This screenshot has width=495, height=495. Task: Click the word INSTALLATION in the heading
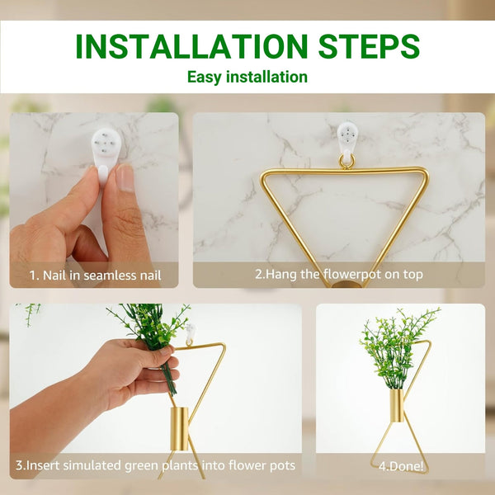191,46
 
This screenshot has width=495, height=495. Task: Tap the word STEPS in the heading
369,46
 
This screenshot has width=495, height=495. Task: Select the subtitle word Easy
203,78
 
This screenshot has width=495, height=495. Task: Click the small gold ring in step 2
347,162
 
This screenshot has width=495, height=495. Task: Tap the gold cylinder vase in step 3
179,429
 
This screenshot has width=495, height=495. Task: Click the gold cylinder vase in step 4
397,406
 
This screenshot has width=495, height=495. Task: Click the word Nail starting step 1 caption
54,276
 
